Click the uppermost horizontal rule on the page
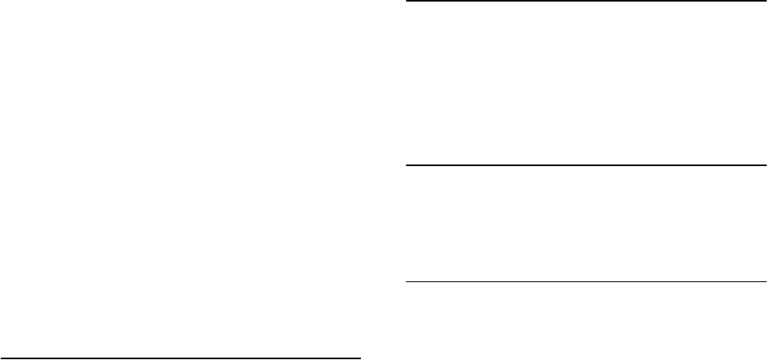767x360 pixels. tap(586, 2)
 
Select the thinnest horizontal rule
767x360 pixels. tap(586, 281)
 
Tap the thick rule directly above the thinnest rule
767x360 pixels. tap(586, 165)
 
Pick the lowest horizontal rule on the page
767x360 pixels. tap(180, 358)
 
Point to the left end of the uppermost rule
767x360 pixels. tap(407, 2)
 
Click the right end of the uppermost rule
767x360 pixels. tap(765, 2)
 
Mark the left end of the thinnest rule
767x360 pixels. tap(407, 281)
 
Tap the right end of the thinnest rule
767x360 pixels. tap(765, 281)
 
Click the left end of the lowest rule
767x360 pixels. tap(2, 358)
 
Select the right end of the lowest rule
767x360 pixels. tap(359, 358)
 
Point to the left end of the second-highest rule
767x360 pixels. tap(407, 165)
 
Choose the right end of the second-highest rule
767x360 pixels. tap(765, 165)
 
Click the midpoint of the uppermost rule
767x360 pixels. tap(586, 2)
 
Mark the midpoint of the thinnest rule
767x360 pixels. tap(586, 281)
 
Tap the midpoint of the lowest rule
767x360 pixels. tap(180, 358)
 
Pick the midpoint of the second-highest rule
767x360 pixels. tap(586, 165)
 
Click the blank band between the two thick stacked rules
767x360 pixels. tap(586, 83)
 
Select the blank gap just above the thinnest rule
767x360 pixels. tap(586, 223)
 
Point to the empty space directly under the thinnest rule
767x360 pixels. tap(586, 318)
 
